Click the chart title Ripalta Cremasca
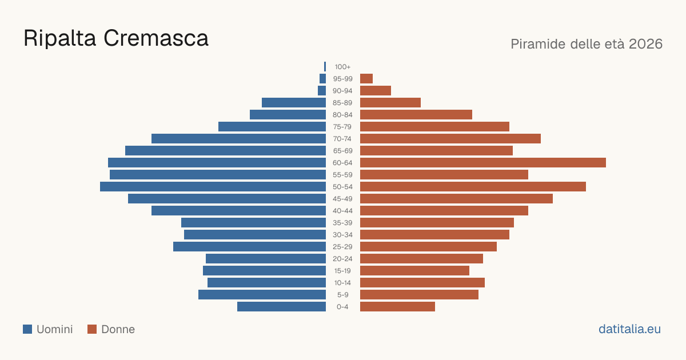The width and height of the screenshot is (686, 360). [x=115, y=38]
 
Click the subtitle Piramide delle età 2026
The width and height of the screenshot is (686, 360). [x=587, y=44]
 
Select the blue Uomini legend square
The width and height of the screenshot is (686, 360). [x=27, y=329]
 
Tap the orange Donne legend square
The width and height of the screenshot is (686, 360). [x=92, y=329]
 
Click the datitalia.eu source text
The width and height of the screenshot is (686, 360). [x=629, y=329]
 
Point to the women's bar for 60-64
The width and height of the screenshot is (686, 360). [x=483, y=162]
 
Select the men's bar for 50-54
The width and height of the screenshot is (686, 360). [x=213, y=187]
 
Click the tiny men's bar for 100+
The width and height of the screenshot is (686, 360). [x=325, y=66]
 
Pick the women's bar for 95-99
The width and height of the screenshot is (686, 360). [x=366, y=79]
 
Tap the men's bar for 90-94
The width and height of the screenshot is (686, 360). [x=322, y=91]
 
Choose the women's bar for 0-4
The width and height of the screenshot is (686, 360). [x=397, y=307]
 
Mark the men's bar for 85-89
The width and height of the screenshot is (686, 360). [x=294, y=102]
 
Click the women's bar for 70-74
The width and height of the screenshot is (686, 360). [x=450, y=139]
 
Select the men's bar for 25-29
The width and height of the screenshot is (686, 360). [x=250, y=247]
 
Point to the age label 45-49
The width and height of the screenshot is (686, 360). [x=342, y=199]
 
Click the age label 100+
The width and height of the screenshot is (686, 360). [x=342, y=67]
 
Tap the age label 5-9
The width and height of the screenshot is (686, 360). [x=342, y=295]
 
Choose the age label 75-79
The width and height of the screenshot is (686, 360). [x=342, y=127]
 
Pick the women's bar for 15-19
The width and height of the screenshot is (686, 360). [x=414, y=271]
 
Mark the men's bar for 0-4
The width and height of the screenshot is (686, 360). [x=281, y=307]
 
